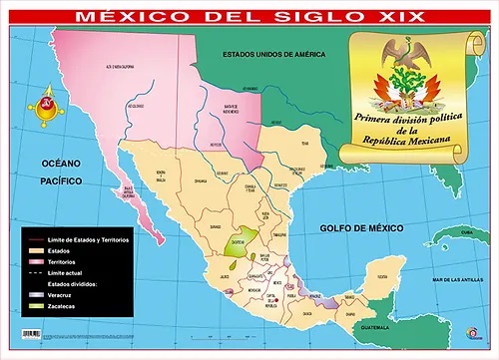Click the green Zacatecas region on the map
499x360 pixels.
(x=237, y=244)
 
